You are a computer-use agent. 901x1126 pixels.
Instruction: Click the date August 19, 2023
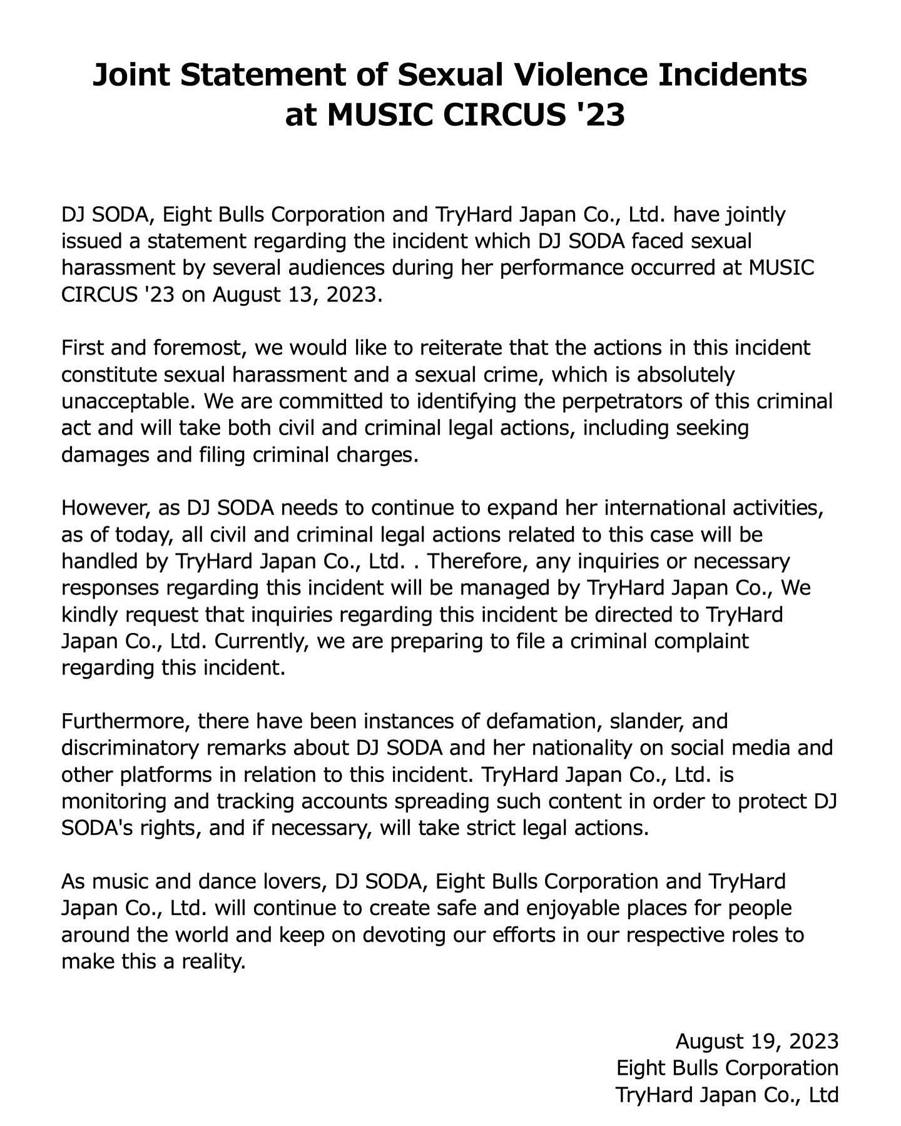point(756,1041)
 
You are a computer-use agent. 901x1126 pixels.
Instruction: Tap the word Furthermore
point(126,721)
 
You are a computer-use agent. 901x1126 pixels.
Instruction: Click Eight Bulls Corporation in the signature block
point(727,1068)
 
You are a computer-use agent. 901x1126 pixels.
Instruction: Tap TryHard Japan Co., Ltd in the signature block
point(726,1095)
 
